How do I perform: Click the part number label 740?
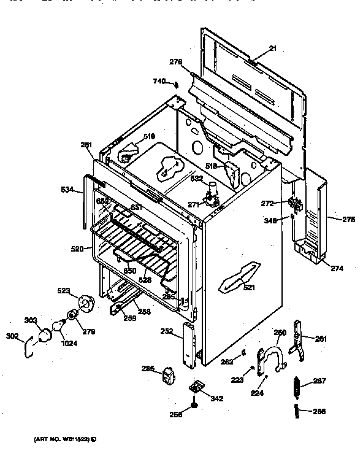pos(159,81)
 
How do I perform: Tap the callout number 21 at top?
pos(273,48)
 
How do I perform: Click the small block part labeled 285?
pos(166,375)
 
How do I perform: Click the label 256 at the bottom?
pos(176,415)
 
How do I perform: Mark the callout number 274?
pos(337,268)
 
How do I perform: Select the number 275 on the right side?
pos(348,219)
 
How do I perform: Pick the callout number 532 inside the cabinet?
pos(197,178)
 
